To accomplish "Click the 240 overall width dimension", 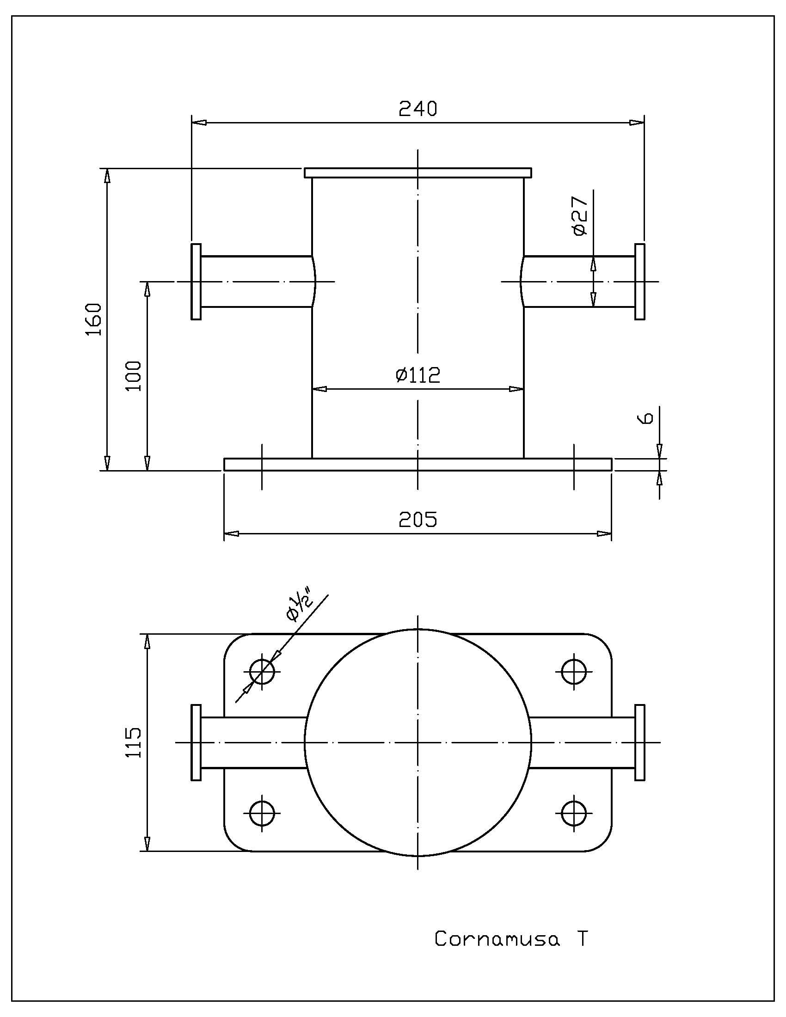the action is [x=418, y=109].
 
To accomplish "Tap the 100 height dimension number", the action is [x=134, y=376].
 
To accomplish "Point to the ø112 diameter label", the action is [x=418, y=375].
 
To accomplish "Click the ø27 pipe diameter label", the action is [x=580, y=215].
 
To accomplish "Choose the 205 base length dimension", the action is [x=418, y=519].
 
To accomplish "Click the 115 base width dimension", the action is [x=134, y=742].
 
